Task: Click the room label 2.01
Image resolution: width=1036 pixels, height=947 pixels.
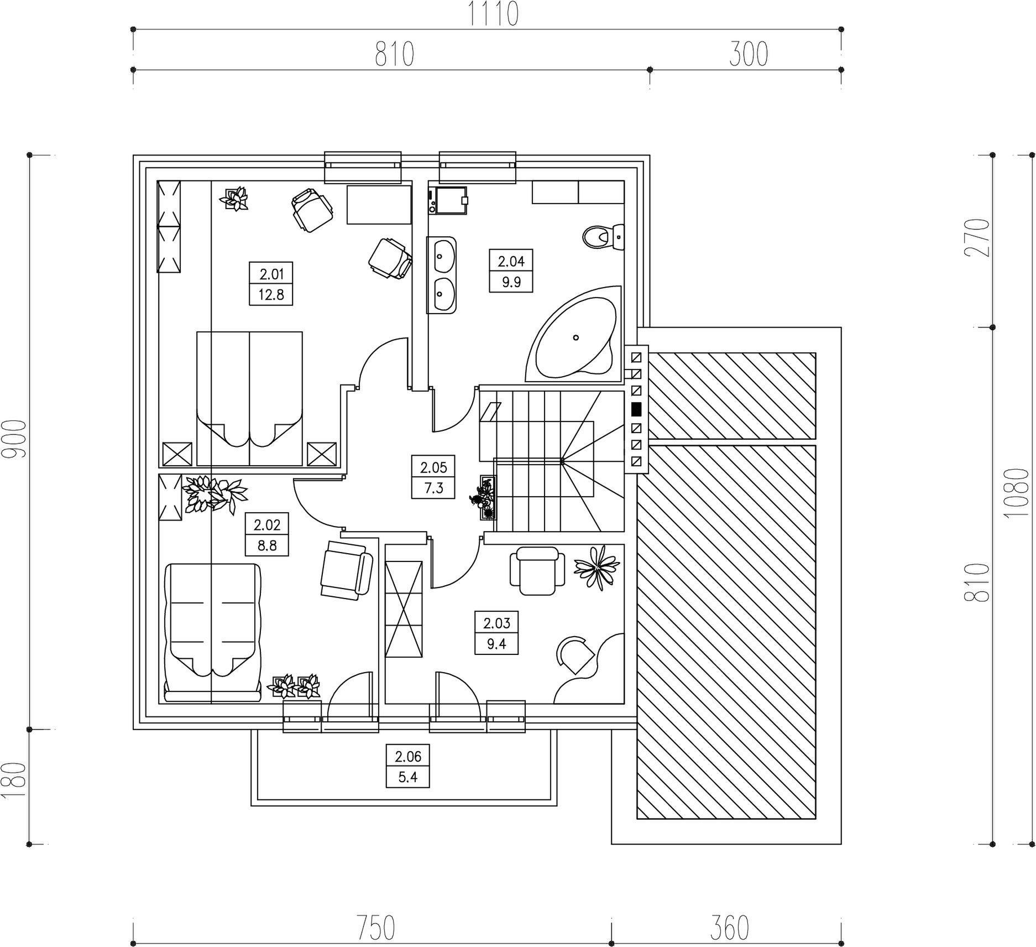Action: pyautogui.click(x=271, y=274)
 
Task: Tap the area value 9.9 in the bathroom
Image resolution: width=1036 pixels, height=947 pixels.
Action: pyautogui.click(x=511, y=282)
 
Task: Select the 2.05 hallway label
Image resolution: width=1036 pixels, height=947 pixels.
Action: pyautogui.click(x=433, y=468)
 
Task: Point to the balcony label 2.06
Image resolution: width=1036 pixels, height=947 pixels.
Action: pyautogui.click(x=408, y=756)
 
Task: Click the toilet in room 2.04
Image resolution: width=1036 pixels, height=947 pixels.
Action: pyautogui.click(x=603, y=237)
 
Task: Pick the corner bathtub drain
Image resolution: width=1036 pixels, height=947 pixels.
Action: pyautogui.click(x=575, y=337)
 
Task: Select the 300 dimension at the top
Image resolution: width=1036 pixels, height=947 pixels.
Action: pyautogui.click(x=749, y=55)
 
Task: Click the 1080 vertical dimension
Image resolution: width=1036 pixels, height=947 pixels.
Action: pyautogui.click(x=1017, y=492)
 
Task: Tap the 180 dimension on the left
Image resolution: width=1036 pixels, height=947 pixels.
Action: pyautogui.click(x=14, y=780)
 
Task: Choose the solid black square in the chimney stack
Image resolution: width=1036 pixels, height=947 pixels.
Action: pyautogui.click(x=636, y=409)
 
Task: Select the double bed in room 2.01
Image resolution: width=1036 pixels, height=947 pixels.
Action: pyautogui.click(x=249, y=398)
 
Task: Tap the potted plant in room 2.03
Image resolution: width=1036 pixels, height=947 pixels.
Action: pyautogui.click(x=597, y=566)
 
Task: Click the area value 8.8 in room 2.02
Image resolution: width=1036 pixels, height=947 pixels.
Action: pyautogui.click(x=267, y=546)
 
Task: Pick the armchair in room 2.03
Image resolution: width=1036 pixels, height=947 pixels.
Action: pyautogui.click(x=537, y=571)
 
